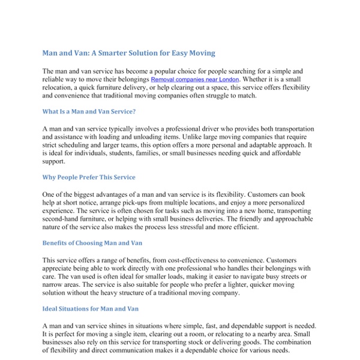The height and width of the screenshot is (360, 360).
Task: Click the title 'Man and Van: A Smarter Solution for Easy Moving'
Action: (x=128, y=53)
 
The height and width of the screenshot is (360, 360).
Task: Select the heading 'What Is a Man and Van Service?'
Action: (x=89, y=111)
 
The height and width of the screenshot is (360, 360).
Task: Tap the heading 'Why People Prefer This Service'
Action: (x=89, y=177)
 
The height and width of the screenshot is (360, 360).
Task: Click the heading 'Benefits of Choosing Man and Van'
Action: (x=94, y=243)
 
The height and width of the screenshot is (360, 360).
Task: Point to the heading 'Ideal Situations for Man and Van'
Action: (x=91, y=308)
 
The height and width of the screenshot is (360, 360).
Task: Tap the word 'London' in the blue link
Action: (x=227, y=79)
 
